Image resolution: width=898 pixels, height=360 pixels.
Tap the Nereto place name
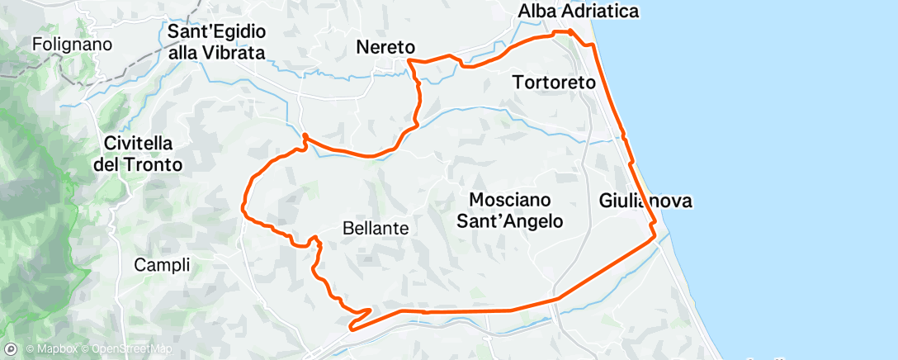pos(385,48)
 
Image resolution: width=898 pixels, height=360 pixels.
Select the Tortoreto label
pos(554,83)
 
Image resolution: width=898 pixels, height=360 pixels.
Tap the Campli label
pos(162,265)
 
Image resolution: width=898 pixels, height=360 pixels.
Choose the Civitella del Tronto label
pos(137,153)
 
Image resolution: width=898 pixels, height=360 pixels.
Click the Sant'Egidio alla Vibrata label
pos(215,42)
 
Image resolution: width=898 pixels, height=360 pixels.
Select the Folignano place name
pos(73,44)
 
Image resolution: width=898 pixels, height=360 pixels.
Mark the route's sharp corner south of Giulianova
pos(656,235)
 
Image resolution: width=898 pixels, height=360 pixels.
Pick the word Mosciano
pos(510,200)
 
